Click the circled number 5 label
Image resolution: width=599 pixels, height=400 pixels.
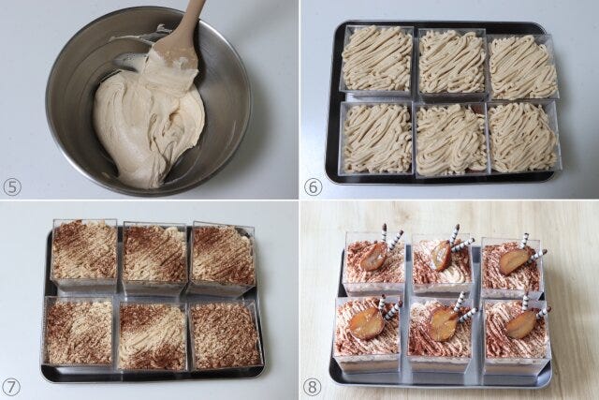[11, 187]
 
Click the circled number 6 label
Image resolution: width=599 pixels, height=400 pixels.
[313, 187]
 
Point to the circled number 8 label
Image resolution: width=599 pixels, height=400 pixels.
[312, 388]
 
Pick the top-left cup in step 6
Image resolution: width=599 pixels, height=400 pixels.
[377, 60]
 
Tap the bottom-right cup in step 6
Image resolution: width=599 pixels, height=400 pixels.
[523, 137]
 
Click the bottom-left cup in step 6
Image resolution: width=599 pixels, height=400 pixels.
[377, 139]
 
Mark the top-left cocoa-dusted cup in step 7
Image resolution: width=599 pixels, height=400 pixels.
[85, 254]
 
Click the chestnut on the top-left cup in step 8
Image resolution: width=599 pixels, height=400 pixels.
[373, 257]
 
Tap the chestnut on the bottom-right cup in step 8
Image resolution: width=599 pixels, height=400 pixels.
[519, 324]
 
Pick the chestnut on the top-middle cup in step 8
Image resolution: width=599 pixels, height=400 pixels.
[442, 256]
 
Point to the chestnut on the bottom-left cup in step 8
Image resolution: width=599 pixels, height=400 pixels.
[363, 323]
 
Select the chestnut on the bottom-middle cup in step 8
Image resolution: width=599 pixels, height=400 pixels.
[443, 324]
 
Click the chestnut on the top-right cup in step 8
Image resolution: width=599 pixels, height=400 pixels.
[515, 260]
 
